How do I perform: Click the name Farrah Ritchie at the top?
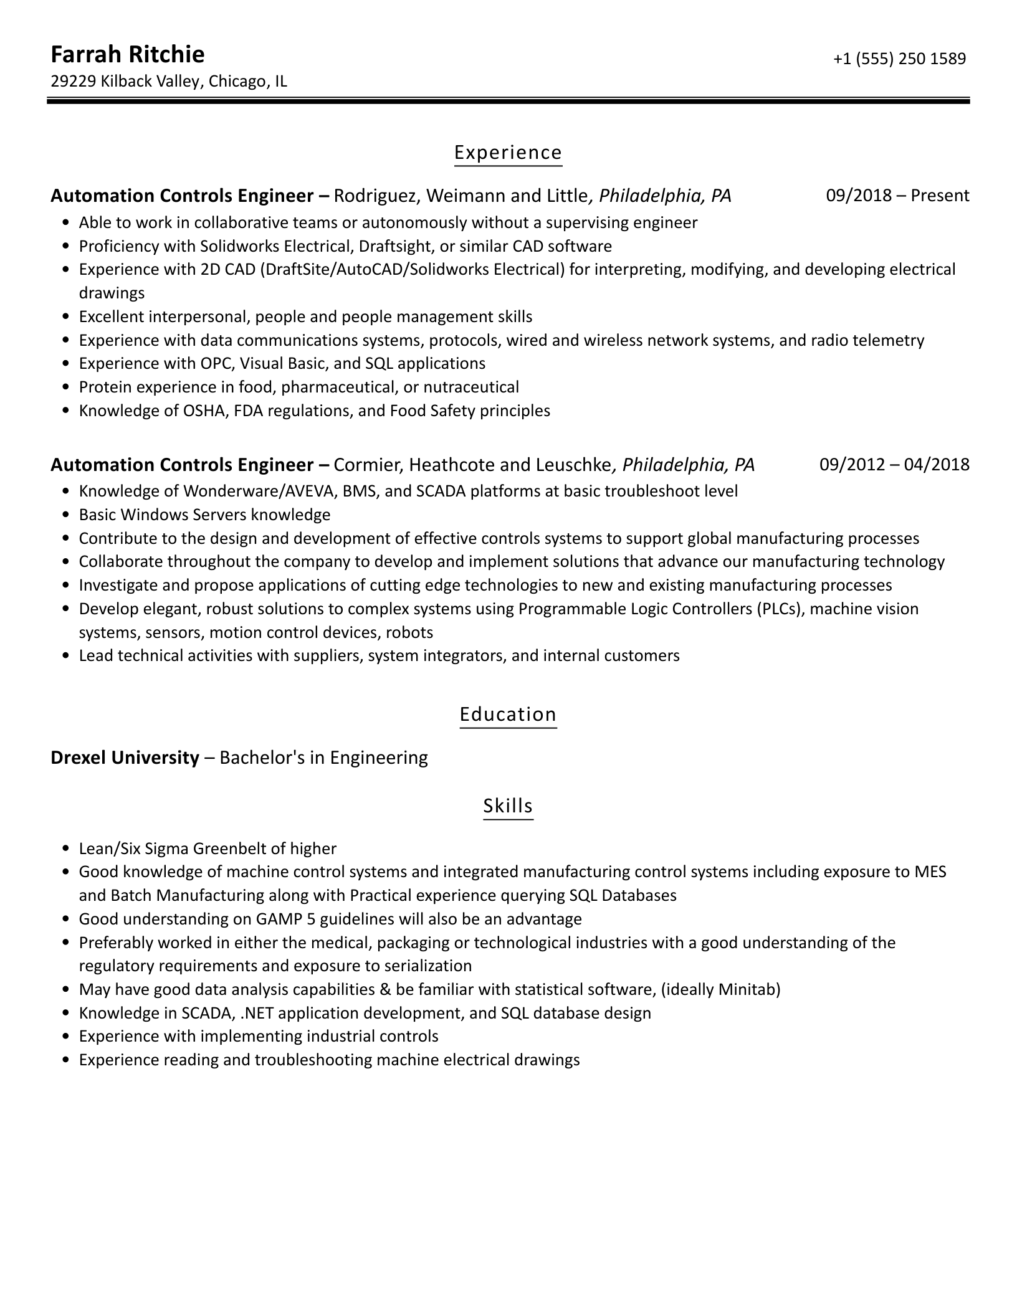[x=127, y=55]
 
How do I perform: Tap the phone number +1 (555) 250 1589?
[x=899, y=59]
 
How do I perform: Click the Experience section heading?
[x=508, y=153]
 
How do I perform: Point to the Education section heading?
[x=508, y=714]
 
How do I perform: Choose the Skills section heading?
[x=508, y=806]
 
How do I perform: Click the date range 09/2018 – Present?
[x=897, y=196]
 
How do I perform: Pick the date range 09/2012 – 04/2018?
[x=894, y=465]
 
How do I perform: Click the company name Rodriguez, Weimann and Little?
[x=461, y=196]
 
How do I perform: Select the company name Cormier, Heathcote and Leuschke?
[x=472, y=465]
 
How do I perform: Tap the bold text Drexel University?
[x=125, y=758]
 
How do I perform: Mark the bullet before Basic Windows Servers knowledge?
[x=66, y=515]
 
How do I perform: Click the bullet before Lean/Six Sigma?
[x=66, y=849]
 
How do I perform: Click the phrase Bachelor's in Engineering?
[x=323, y=758]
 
